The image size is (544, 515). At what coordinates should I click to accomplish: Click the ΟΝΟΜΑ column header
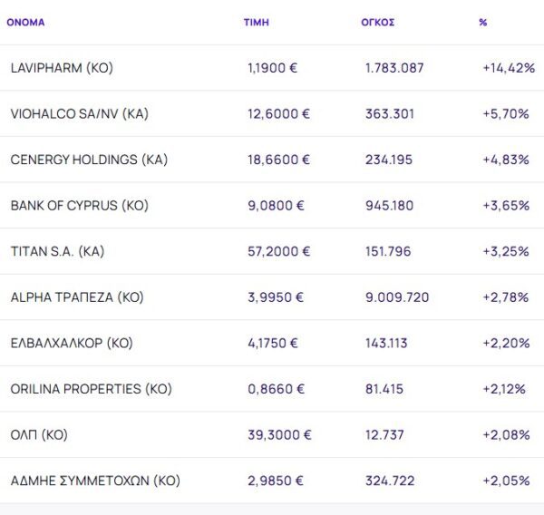(x=25, y=22)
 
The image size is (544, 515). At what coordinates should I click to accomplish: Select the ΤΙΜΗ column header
(x=257, y=22)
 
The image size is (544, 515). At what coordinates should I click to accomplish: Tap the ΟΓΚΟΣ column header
(x=377, y=22)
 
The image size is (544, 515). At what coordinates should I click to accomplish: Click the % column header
(x=482, y=22)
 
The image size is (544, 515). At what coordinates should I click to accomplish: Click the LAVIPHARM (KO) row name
(x=62, y=68)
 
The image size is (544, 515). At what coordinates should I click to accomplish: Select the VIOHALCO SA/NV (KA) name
(x=79, y=114)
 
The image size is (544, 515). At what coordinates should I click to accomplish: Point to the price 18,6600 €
(x=278, y=160)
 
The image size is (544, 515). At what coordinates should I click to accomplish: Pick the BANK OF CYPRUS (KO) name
(x=79, y=206)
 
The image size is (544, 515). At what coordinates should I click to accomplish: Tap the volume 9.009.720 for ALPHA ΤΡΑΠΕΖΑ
(x=397, y=297)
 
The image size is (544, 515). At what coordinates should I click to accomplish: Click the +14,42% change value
(x=508, y=68)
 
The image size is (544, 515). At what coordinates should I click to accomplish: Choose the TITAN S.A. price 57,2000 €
(x=278, y=251)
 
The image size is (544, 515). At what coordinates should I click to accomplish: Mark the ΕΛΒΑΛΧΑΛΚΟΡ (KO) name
(x=72, y=343)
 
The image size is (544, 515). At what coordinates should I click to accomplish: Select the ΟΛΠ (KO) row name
(x=39, y=435)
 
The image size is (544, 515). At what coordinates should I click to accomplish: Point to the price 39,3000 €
(x=278, y=435)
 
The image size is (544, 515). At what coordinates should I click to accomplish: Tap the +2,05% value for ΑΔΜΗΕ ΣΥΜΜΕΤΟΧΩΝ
(x=506, y=481)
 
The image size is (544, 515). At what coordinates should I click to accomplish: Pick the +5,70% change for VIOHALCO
(x=506, y=114)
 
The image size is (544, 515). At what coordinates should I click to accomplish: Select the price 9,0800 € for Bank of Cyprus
(x=276, y=206)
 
